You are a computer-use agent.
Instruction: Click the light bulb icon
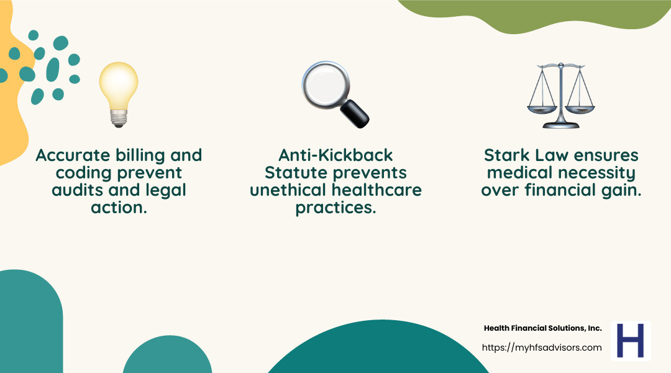[x=118, y=93]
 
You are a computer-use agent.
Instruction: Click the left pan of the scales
[x=539, y=108]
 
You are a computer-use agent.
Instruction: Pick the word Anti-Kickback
[x=335, y=155]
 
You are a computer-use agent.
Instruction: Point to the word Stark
[x=504, y=155]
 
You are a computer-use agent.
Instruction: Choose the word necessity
[x=598, y=172]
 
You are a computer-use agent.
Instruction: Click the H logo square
[x=630, y=341]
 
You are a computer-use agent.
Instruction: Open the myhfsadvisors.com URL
[x=542, y=348]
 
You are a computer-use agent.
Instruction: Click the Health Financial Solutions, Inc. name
[x=542, y=328]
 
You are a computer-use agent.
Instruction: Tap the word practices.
[x=335, y=207]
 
